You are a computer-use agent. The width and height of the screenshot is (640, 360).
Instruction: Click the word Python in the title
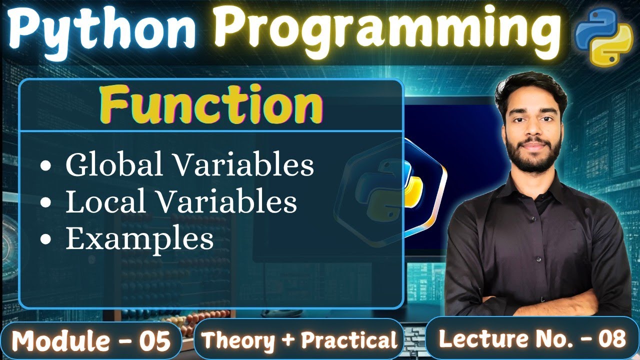[102, 31]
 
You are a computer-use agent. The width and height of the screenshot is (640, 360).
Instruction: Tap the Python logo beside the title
[603, 36]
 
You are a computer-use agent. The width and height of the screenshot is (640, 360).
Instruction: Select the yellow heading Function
[211, 104]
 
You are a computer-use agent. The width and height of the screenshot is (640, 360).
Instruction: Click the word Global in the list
[114, 164]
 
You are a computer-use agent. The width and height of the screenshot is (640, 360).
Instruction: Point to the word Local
[105, 201]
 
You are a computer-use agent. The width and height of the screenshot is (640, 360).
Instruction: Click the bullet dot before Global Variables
[45, 165]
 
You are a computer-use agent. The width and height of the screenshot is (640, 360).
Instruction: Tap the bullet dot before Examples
[45, 239]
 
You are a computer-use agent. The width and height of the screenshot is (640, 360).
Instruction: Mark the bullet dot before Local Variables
[45, 202]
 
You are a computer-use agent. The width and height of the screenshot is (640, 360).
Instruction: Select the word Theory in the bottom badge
[238, 340]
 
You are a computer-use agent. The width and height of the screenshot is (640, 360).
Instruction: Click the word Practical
[349, 340]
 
